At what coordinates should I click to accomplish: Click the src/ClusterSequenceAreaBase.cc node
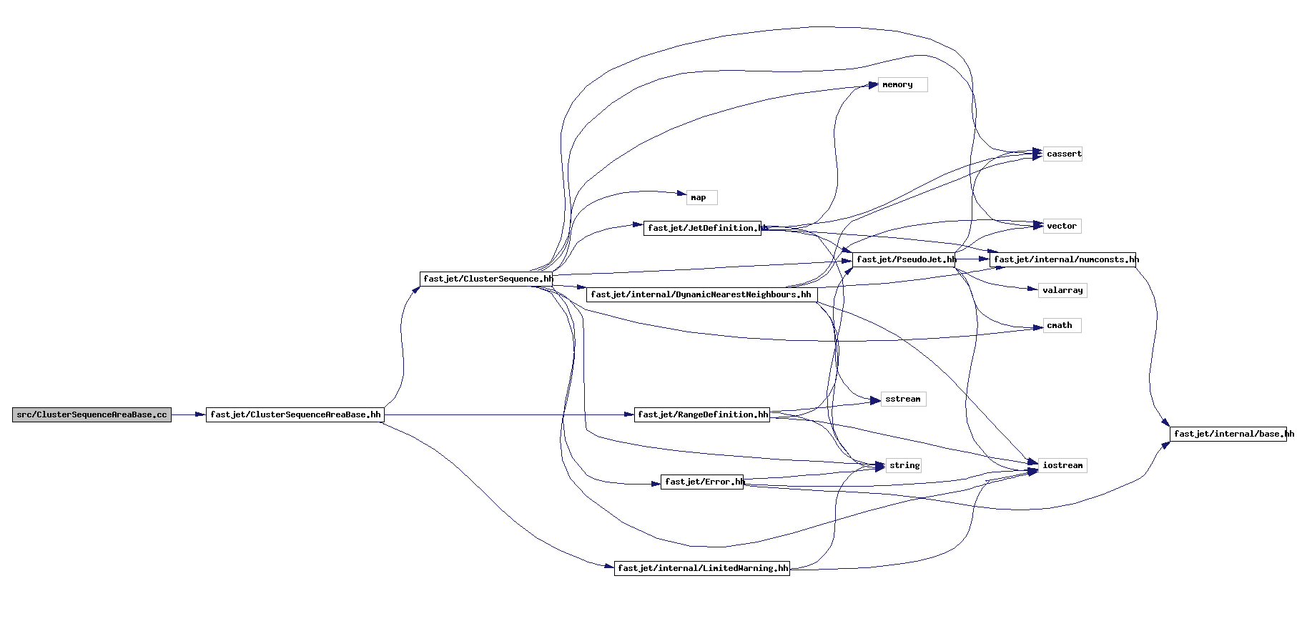point(92,414)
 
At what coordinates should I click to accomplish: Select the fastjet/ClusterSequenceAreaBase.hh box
point(295,414)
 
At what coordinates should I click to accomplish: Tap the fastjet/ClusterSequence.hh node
point(486,279)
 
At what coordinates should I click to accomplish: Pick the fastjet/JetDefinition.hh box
point(702,228)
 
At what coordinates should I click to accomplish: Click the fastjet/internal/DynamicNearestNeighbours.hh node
point(701,294)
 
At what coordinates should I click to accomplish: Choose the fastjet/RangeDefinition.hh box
point(702,414)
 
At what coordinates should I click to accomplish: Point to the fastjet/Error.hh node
point(702,482)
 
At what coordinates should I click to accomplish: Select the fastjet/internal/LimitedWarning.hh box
point(702,568)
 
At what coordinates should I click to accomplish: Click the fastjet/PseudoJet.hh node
point(904,259)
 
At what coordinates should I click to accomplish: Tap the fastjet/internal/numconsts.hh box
point(1062,259)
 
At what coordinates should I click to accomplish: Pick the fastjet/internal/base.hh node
point(1228,434)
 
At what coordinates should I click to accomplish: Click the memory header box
point(902,85)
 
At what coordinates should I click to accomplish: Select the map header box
point(701,198)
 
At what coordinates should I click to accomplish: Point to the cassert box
point(1062,154)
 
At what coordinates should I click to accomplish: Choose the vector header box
point(1062,227)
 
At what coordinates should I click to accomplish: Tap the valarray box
point(1062,291)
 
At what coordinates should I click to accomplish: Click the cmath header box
point(1062,326)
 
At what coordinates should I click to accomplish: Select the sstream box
point(903,399)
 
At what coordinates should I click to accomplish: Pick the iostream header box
point(1062,466)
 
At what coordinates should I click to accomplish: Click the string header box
point(904,466)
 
